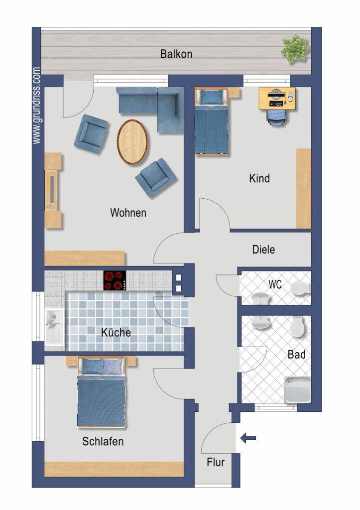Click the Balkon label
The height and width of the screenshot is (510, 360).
(x=176, y=54)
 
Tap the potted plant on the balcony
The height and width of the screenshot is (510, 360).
(x=295, y=48)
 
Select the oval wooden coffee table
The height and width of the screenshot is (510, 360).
(x=132, y=142)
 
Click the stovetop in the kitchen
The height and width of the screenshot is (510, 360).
(x=115, y=280)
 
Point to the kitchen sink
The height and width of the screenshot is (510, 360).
(x=55, y=326)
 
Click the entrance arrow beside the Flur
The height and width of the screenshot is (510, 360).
(x=248, y=438)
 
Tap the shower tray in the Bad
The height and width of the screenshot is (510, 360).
(x=298, y=389)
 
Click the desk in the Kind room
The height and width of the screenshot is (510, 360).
(x=277, y=98)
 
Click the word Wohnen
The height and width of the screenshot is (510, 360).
(x=128, y=213)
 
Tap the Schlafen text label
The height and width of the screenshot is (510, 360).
(x=103, y=441)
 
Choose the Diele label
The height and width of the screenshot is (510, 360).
(x=263, y=250)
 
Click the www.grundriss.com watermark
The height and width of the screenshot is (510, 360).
(x=36, y=106)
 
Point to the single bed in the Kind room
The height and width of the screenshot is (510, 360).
(x=212, y=122)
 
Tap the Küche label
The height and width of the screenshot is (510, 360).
(x=116, y=332)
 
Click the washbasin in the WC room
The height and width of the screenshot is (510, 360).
(x=261, y=298)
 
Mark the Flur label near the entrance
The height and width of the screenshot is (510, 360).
(x=216, y=462)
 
